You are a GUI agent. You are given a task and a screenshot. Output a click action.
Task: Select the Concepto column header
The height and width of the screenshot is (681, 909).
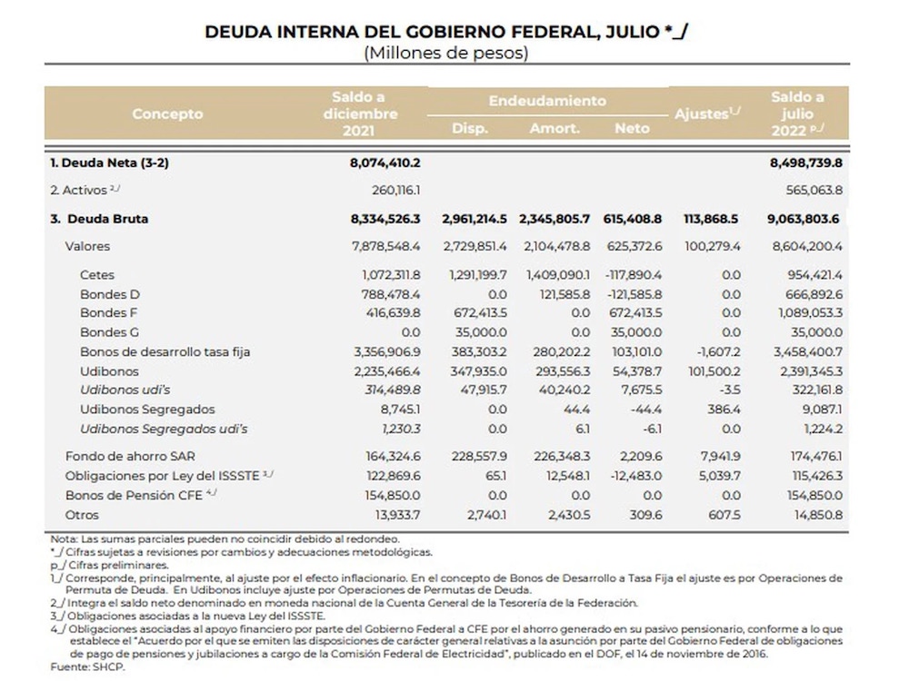(x=167, y=114)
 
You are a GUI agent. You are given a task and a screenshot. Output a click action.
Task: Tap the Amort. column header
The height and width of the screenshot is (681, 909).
(x=554, y=128)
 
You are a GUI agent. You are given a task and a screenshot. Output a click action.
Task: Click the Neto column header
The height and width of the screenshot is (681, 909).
(x=632, y=128)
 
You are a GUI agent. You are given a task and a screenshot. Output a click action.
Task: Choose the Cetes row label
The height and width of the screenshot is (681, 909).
(x=97, y=274)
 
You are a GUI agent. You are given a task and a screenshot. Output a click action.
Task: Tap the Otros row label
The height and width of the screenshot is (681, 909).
(x=83, y=515)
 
